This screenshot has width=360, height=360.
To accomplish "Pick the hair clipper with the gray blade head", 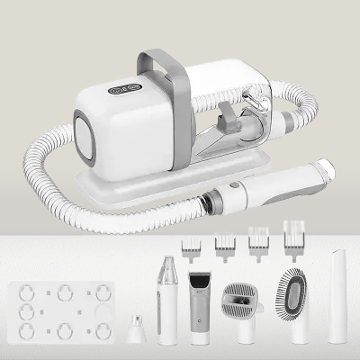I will coord(199,306).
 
